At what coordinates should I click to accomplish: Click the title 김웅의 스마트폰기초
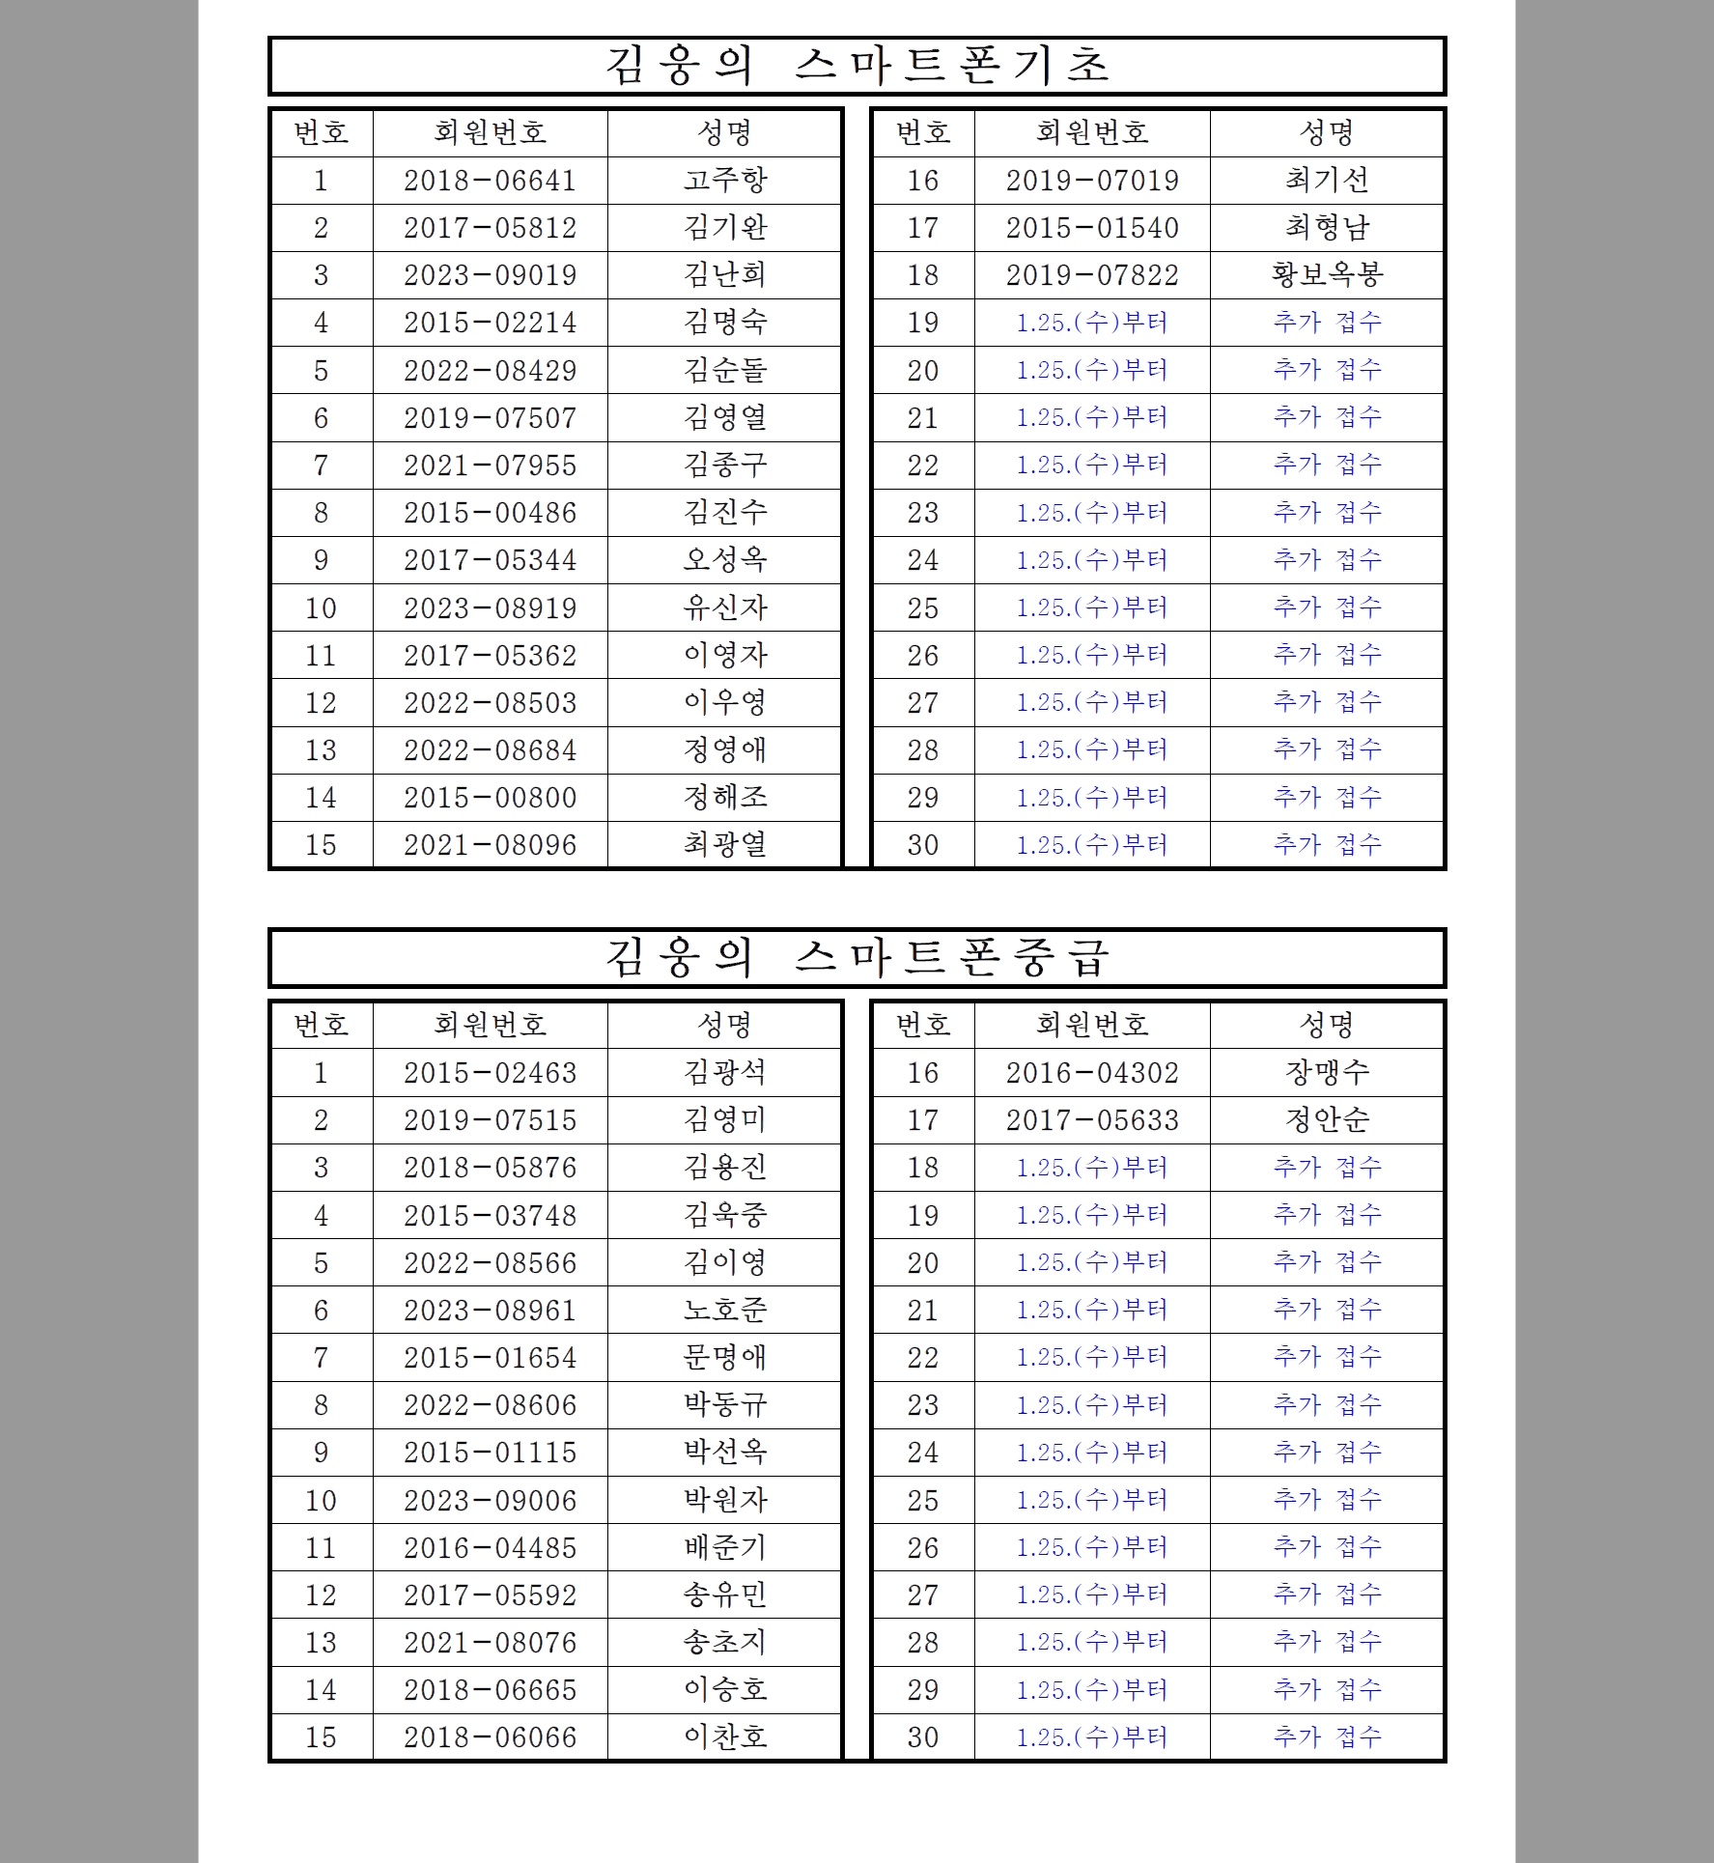857,66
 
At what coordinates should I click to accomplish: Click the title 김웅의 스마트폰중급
857,958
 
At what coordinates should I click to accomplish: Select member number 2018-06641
490,181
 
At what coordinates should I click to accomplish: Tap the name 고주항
724,181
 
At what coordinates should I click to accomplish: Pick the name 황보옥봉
1327,275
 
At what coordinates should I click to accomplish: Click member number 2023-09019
490,275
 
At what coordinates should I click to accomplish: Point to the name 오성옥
724,560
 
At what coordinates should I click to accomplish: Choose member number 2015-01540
1092,228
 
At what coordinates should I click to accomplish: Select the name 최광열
724,845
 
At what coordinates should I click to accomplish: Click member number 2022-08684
490,750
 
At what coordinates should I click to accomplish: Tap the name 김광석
724,1073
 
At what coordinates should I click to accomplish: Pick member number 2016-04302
1092,1073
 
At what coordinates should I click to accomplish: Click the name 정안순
1327,1120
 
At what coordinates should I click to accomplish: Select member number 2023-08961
490,1311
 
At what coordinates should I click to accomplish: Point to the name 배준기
724,1548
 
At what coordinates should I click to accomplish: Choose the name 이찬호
724,1737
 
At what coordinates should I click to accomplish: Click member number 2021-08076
490,1643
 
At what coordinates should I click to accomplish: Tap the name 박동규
724,1405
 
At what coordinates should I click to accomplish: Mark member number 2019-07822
1092,275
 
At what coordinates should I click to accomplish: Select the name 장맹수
1327,1073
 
